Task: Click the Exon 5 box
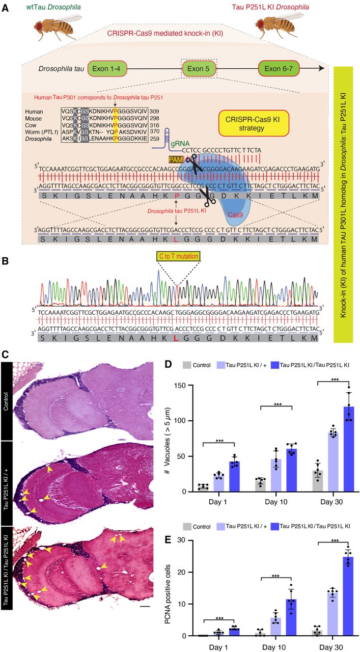click(x=200, y=68)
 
